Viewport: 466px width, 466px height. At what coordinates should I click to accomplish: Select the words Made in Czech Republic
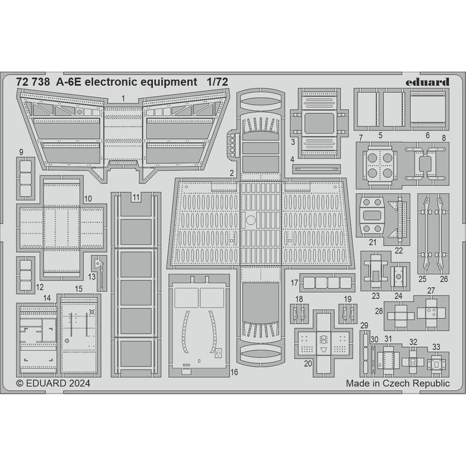coord(398,383)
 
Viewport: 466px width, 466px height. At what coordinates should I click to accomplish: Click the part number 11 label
coord(136,197)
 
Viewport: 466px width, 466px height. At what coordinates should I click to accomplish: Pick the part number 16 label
coord(234,371)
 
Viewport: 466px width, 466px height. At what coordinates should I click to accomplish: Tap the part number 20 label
coord(308,363)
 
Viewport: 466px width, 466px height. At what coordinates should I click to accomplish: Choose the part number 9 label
coord(21,153)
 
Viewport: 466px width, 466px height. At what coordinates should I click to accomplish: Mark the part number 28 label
coord(379,312)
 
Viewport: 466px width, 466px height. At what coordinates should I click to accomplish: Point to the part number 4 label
coord(292,159)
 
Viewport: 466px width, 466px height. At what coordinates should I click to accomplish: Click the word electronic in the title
coord(112,82)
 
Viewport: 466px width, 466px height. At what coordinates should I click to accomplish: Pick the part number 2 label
coord(232,173)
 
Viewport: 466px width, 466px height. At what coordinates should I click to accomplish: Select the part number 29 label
coord(365,325)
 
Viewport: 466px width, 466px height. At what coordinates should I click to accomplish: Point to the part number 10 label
coord(87,199)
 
